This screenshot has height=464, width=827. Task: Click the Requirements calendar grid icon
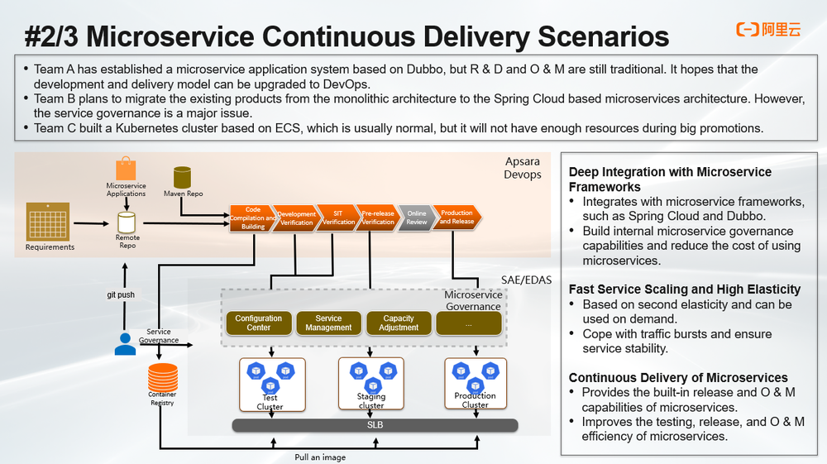tap(50, 221)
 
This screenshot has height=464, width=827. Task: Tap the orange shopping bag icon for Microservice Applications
tap(126, 170)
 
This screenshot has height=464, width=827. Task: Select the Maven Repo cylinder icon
tap(183, 177)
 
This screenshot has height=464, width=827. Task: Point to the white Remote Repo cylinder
tap(127, 222)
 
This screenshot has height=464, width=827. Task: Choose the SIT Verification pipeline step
tap(338, 218)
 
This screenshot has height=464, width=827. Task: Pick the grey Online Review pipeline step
tap(416, 218)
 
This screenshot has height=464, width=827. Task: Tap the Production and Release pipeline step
tap(457, 218)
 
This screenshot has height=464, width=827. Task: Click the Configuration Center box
tap(258, 323)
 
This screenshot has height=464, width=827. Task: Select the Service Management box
tap(328, 323)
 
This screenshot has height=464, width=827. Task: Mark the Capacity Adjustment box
tap(399, 323)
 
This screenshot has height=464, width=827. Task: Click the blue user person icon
tap(125, 343)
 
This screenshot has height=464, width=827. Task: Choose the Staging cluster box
tap(370, 385)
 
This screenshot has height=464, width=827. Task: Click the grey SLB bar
tap(375, 425)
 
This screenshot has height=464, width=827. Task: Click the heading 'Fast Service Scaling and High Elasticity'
tap(685, 289)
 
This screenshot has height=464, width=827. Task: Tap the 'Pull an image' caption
tap(320, 457)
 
